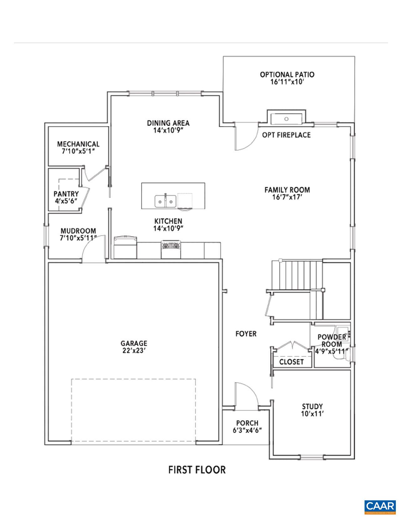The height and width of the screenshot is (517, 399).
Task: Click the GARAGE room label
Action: coord(135,343)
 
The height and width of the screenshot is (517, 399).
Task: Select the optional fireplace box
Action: coord(286,118)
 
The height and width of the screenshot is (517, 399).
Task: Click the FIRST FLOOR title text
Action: coord(197,470)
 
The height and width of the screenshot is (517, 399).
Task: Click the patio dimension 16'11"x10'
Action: coord(287,82)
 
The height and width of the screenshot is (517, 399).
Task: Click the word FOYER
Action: coord(246,334)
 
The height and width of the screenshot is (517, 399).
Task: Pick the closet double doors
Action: coord(292,347)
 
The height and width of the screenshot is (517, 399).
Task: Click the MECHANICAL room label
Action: coord(78,144)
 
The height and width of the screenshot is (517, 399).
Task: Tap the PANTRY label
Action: coord(66,194)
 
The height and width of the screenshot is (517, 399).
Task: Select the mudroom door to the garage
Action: coord(93,248)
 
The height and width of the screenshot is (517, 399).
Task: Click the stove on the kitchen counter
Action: coord(171,249)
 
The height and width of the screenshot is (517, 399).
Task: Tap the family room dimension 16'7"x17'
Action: coord(287,197)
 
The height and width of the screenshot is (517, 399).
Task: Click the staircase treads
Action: coord(297,274)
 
